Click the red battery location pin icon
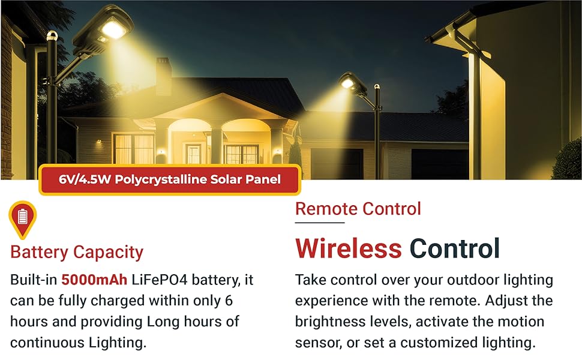(23, 218)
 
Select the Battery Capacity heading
(77, 252)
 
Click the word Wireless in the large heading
(349, 248)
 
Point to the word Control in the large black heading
(455, 248)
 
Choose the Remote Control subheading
(358, 209)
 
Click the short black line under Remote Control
(320, 223)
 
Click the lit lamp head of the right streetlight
(348, 83)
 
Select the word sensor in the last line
(316, 343)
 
